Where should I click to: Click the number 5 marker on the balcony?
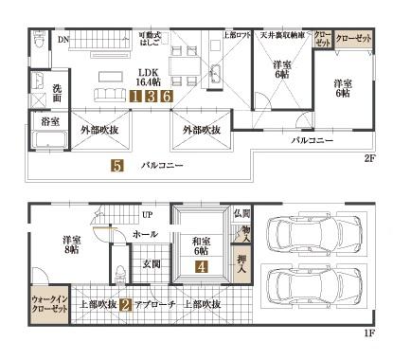pyautogui.click(x=116, y=166)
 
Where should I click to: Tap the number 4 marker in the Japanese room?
pyautogui.click(x=202, y=267)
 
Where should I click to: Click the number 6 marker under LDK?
pyautogui.click(x=166, y=96)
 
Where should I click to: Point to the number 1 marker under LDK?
pyautogui.click(x=136, y=96)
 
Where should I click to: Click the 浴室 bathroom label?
pyautogui.click(x=50, y=122)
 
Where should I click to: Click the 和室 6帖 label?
pyautogui.click(x=200, y=244)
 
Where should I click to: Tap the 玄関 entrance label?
pyautogui.click(x=152, y=264)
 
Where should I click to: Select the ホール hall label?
pyautogui.click(x=146, y=232)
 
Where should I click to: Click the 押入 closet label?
pyautogui.click(x=242, y=261)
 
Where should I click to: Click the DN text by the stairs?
pyautogui.click(x=63, y=40)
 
